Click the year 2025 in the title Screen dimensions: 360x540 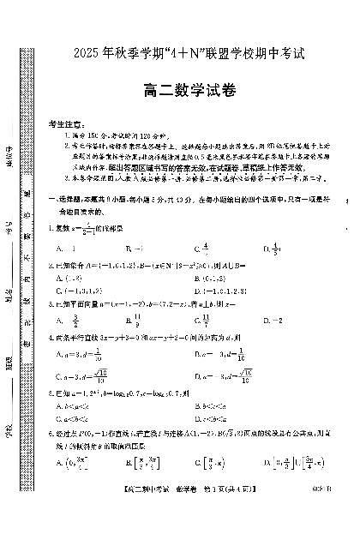coord(76,53)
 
